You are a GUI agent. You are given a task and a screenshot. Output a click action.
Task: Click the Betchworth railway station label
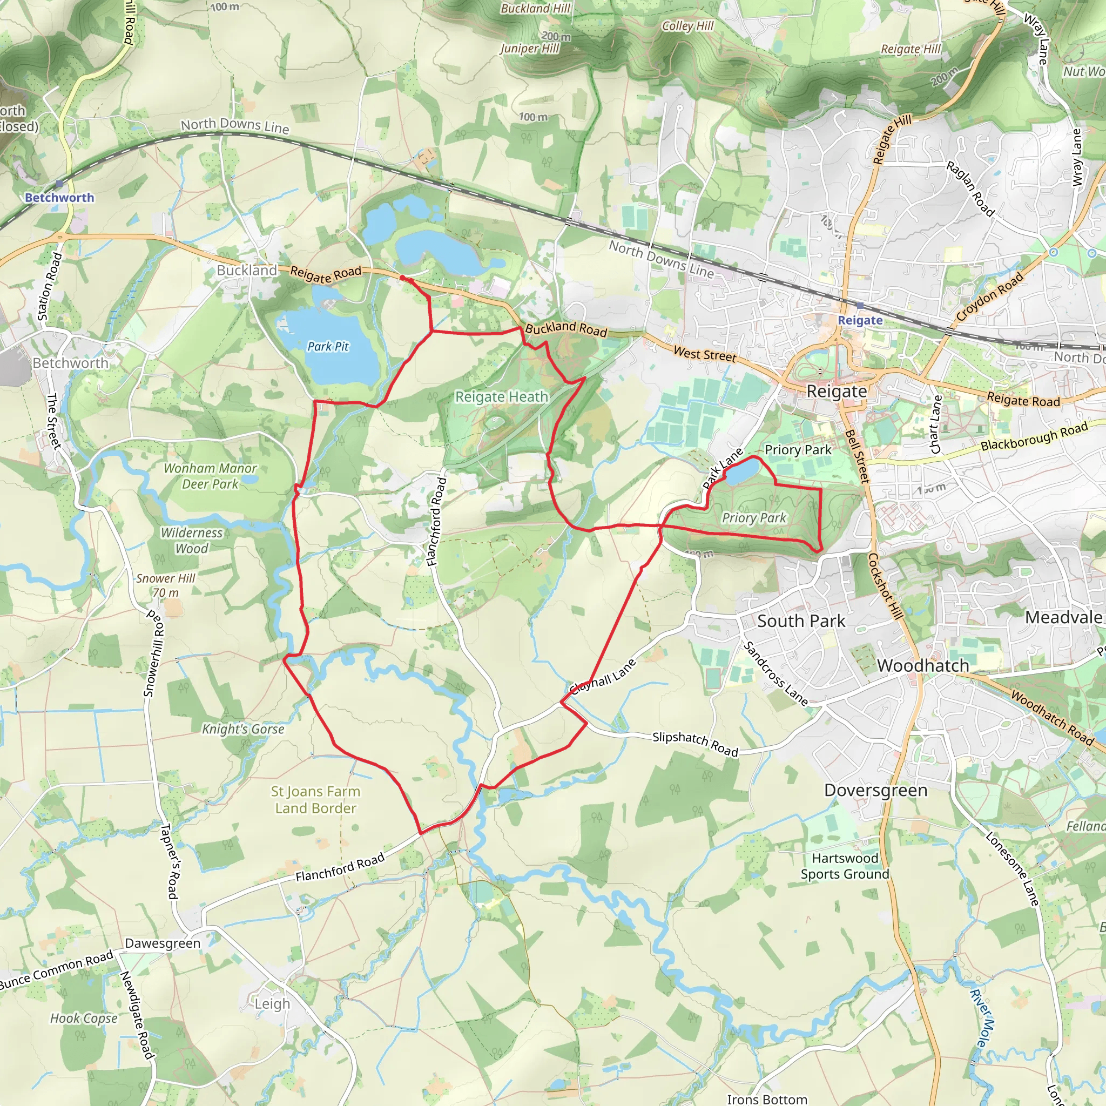59,198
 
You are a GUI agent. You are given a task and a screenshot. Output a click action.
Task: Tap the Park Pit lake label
328,346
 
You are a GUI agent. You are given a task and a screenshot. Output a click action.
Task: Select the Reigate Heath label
502,397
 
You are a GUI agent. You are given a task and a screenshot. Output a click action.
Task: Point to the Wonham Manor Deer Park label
210,476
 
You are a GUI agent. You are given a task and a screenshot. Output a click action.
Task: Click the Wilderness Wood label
191,541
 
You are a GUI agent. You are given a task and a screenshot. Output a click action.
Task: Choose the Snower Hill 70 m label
165,585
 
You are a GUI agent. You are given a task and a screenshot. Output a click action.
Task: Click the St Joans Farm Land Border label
315,799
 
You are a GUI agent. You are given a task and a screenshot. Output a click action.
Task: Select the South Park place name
801,621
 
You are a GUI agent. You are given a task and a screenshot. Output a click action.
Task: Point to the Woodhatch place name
923,665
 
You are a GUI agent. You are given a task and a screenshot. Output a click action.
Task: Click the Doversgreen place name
875,790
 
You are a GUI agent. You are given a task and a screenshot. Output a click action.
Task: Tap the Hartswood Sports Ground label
845,866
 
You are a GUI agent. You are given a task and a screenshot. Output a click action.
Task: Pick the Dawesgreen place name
163,943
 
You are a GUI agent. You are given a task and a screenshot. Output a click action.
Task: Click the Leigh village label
273,1003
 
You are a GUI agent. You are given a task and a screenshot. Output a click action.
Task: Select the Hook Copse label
84,1018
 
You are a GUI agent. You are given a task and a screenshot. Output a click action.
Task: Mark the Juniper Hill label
530,49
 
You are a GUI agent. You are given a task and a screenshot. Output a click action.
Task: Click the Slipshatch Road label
695,744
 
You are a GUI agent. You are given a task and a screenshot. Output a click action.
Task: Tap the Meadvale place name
1063,617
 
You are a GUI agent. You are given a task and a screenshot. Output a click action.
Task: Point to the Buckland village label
247,270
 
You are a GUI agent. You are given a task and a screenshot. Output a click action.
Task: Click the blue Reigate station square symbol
860,306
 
